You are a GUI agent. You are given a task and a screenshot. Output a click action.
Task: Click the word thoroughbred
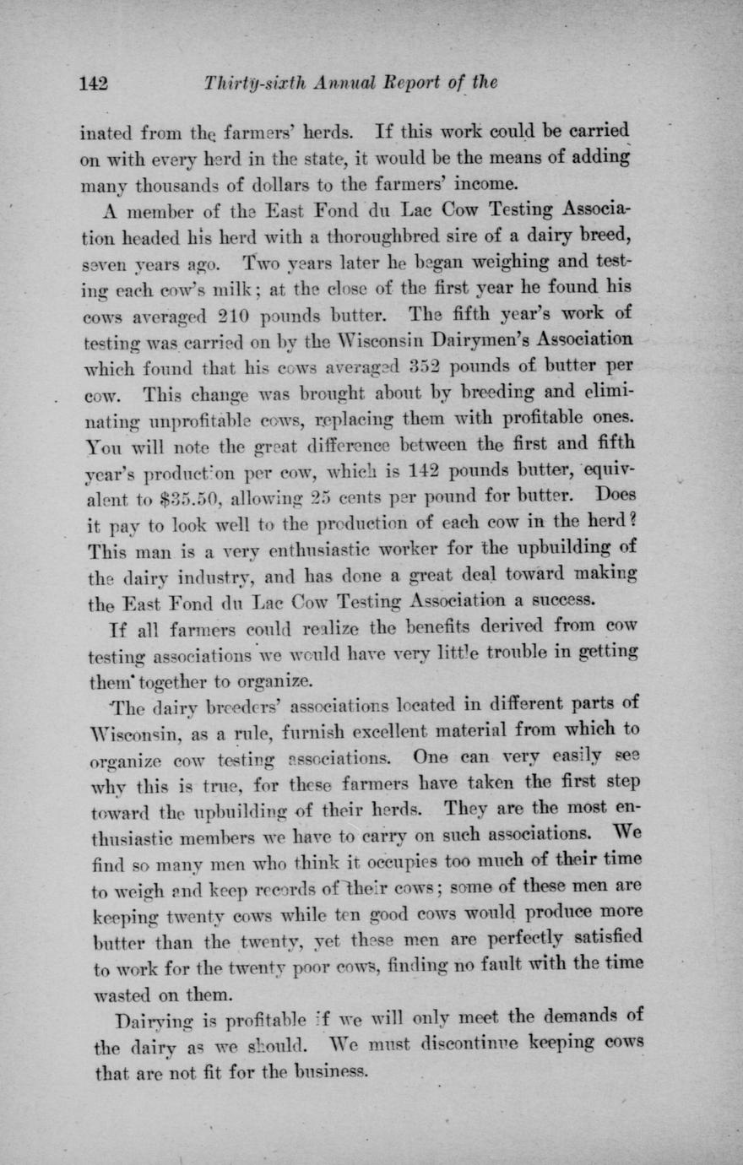coord(320,236)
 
